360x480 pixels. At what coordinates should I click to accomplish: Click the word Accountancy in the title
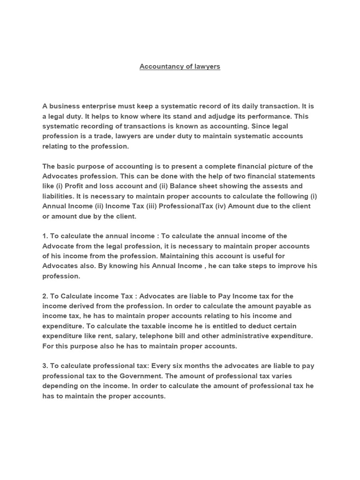[x=159, y=67]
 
